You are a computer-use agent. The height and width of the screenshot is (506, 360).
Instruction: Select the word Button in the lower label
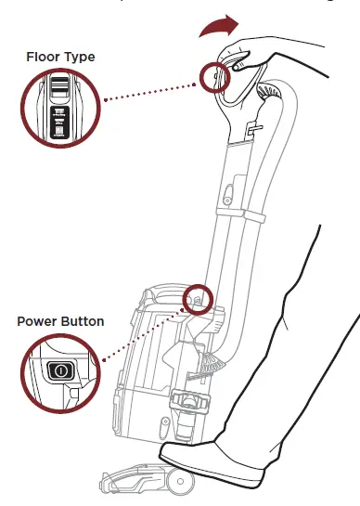coord(83,321)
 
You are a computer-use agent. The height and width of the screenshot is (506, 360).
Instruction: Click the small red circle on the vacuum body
coord(198,299)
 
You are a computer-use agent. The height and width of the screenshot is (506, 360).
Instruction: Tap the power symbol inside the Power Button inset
coord(61,370)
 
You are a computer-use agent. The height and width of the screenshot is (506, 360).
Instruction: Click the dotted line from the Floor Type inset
coord(148,87)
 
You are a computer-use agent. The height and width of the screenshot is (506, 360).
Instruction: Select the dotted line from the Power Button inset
coord(139,331)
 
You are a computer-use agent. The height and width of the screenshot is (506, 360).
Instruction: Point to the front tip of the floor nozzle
coord(103,482)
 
